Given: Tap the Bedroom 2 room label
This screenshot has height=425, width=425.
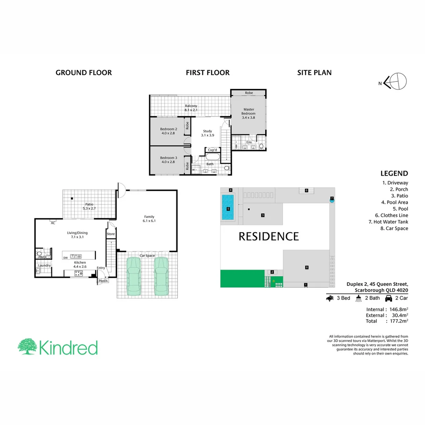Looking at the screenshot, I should [x=168, y=131].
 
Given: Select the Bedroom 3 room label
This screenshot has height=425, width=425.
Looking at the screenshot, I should [x=168, y=160].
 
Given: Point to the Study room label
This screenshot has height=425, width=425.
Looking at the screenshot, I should [x=207, y=133].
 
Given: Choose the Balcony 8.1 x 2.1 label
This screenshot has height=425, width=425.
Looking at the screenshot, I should [x=191, y=108].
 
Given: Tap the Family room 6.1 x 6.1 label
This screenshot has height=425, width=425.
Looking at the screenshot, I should [x=149, y=219].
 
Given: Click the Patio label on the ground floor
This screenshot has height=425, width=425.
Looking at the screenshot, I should [x=89, y=206].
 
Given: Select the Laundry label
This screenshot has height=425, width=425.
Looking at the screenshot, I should [x=44, y=265].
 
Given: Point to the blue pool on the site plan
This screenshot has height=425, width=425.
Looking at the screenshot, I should [x=228, y=208].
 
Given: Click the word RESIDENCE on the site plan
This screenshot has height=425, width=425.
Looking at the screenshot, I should [x=269, y=237].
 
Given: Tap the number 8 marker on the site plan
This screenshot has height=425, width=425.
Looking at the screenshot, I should [x=307, y=268].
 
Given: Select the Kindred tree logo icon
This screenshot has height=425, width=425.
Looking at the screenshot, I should [x=27, y=347].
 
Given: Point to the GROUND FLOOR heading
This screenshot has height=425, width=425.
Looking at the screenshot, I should [x=83, y=72].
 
